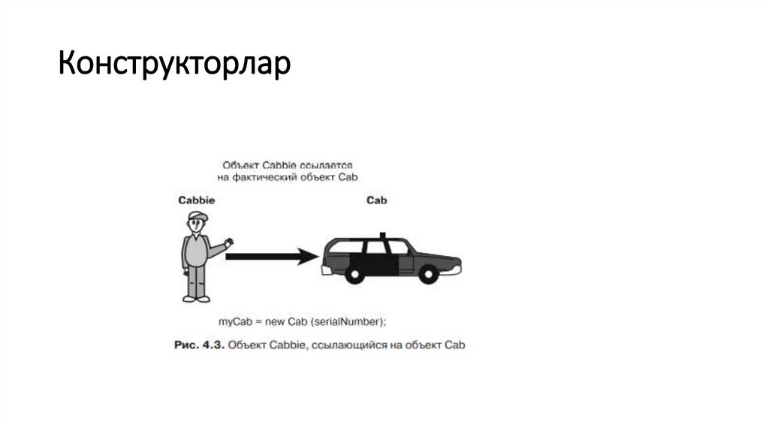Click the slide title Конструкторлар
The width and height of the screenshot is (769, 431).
(x=174, y=65)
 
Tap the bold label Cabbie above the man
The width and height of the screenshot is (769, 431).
(x=196, y=200)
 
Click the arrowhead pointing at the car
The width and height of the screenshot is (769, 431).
(x=309, y=256)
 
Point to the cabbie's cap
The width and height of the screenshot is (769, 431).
(x=197, y=217)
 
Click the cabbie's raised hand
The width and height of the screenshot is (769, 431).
(x=229, y=243)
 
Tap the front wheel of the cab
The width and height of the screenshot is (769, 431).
(x=430, y=274)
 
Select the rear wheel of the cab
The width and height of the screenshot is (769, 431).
(x=351, y=274)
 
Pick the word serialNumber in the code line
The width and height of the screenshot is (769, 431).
(x=353, y=322)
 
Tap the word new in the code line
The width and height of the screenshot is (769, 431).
(x=275, y=322)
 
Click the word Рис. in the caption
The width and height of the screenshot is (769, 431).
(x=184, y=345)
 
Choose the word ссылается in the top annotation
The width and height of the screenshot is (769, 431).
(x=331, y=164)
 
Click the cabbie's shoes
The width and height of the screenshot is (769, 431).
(x=196, y=298)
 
